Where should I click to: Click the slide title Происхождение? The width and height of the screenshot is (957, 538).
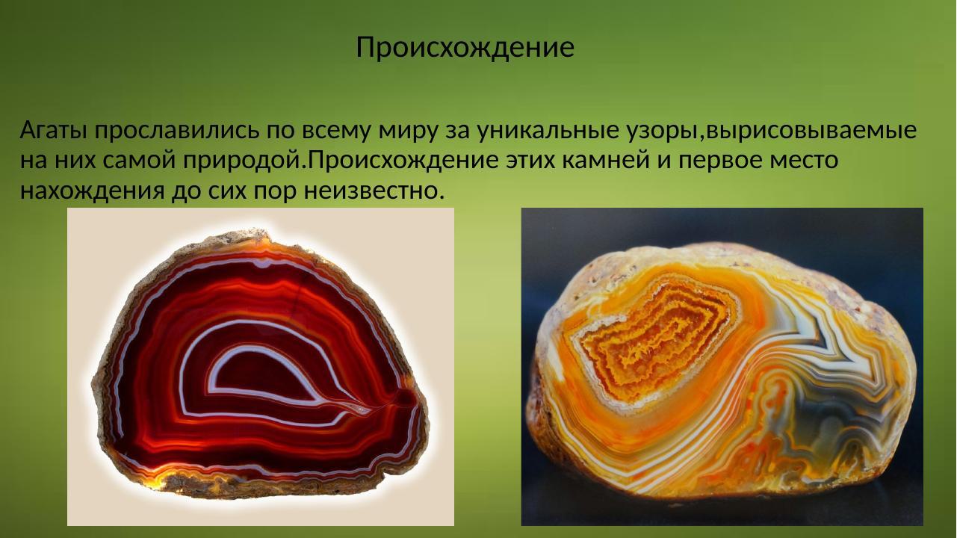[465, 47]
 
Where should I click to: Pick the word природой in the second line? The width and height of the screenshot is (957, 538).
[253, 161]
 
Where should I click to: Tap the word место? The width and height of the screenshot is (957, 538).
[804, 161]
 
